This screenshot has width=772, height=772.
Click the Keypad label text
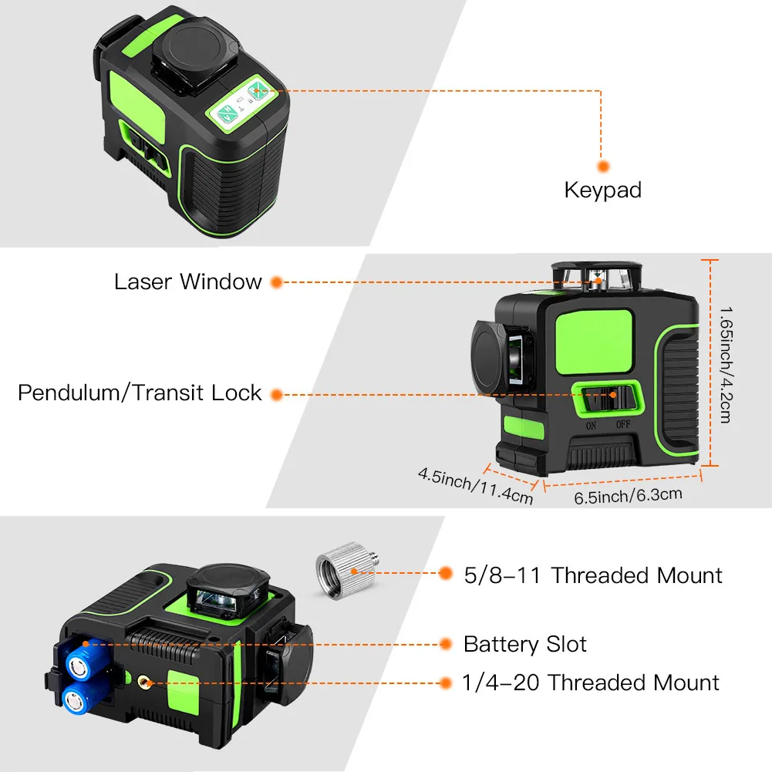602,190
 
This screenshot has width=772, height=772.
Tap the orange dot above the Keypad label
603,165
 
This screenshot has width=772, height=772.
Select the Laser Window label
188,281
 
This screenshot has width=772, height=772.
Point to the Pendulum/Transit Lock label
140,393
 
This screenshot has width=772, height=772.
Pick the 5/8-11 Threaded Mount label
593,575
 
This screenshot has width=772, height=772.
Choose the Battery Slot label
525,644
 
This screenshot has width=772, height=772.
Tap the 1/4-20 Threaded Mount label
591,683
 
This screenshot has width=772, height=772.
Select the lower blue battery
74,700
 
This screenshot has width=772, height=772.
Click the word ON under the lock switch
592,425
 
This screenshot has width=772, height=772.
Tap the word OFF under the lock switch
622,425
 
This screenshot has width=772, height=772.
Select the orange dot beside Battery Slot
445,644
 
